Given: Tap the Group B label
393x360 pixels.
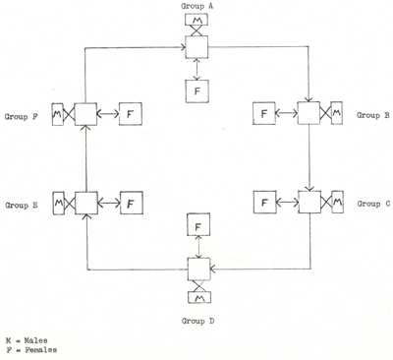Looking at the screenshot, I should click(x=373, y=115).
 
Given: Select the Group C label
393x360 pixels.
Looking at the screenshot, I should click(x=373, y=204).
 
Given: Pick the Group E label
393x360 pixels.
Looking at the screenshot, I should click(x=23, y=205).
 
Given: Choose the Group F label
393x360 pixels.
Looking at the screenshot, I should click(x=23, y=115).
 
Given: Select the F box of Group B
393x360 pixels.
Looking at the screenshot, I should click(x=263, y=115).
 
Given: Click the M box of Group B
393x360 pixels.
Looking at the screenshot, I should click(x=338, y=115).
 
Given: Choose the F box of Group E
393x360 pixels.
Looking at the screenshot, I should click(x=132, y=204).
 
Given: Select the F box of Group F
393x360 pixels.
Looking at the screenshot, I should click(x=132, y=115).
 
